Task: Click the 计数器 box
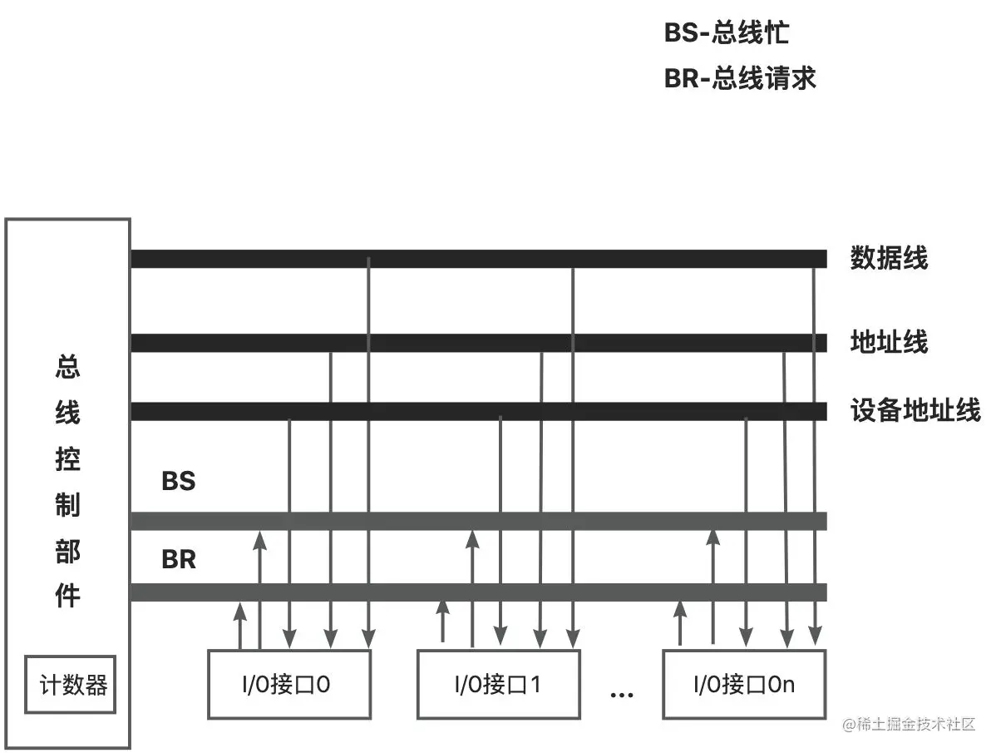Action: (71, 685)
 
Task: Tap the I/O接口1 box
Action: (499, 684)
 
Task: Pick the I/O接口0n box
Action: (744, 684)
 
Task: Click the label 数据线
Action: (889, 259)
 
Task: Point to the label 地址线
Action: (889, 342)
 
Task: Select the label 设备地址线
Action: (915, 410)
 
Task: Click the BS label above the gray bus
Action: (178, 481)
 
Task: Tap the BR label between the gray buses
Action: (179, 560)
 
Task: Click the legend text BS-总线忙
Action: (726, 33)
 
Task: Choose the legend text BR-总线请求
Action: (740, 78)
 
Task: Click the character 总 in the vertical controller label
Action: (68, 366)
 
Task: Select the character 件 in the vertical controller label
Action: (68, 596)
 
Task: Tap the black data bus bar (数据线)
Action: (478, 259)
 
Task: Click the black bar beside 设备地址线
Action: (478, 411)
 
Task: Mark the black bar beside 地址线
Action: (478, 343)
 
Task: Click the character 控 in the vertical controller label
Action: (68, 458)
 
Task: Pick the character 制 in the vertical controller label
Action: (68, 504)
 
